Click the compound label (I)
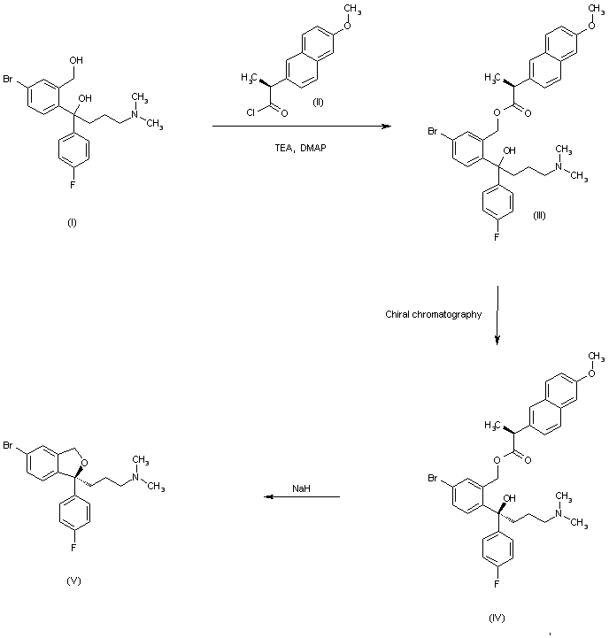coord(72,223)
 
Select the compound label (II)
coord(318,102)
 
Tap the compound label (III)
coord(539,216)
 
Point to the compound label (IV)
coord(497,618)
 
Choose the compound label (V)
coord(73,581)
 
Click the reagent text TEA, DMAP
coord(300,148)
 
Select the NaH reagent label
coord(301,488)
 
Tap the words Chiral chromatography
coord(433,314)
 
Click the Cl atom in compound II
coord(251,112)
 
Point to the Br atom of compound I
coord(8,79)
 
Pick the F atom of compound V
coord(73,548)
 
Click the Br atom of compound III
coord(432,132)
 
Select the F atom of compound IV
coord(497,584)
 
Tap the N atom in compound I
coord(135,114)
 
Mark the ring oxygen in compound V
coord(85,462)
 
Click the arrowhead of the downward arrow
coord(497,340)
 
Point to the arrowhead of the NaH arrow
coord(269,496)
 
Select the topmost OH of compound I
coord(76,60)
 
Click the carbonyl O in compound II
coord(284,112)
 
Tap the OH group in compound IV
coord(509,498)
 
